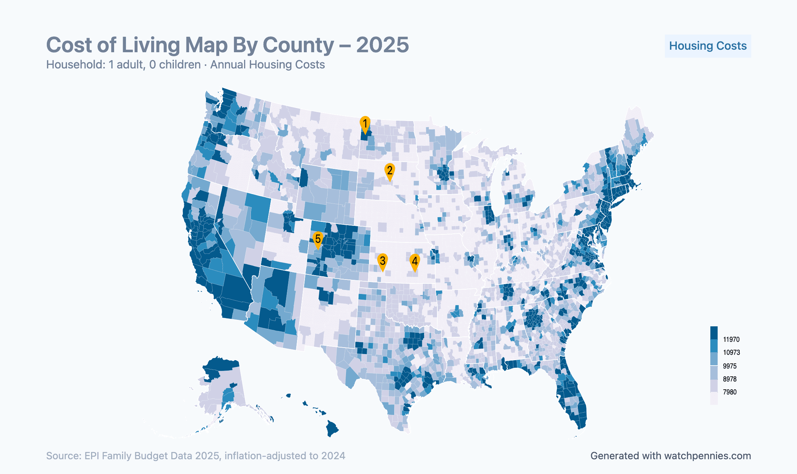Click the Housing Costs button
click(707, 46)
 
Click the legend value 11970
click(731, 340)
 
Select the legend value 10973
click(731, 353)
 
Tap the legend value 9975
click(730, 366)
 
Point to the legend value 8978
click(730, 379)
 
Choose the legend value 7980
click(730, 392)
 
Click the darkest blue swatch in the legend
click(714, 333)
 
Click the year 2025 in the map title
click(382, 45)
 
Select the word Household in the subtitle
click(75, 65)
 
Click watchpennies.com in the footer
click(707, 456)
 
